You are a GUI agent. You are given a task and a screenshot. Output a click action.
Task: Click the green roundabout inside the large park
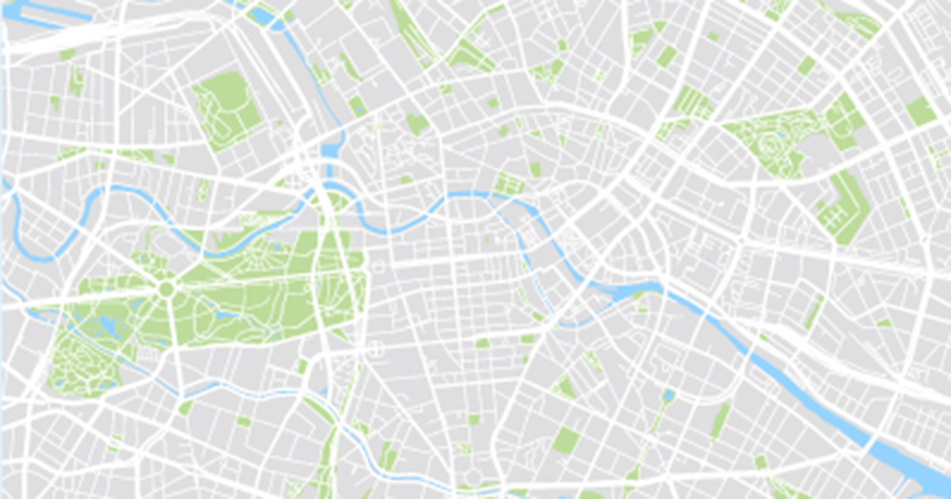165,288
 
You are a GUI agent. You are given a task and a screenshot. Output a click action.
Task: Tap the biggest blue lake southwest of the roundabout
106,325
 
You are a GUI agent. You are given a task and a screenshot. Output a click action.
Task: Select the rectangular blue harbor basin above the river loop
330,150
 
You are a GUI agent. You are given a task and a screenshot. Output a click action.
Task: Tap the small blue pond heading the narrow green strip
669,394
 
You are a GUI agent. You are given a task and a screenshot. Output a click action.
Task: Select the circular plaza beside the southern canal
473,476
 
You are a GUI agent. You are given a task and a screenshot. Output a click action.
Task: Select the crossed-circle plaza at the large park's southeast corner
375,349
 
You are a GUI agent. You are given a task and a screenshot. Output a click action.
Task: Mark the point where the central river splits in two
485,198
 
